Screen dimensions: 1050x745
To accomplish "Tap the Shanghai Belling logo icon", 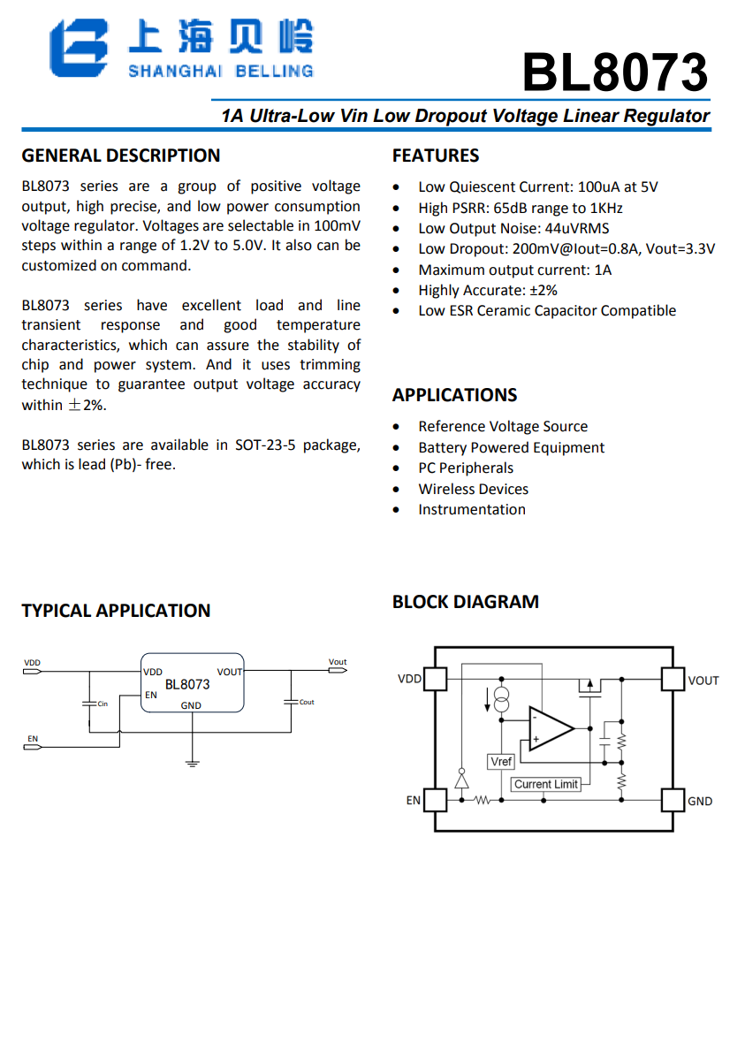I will (79, 49).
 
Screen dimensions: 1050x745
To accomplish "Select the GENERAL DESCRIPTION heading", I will (121, 156).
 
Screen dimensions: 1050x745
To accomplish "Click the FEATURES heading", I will (436, 156).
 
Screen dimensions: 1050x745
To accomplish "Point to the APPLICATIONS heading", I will (455, 395).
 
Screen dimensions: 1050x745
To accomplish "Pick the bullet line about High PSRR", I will (520, 208).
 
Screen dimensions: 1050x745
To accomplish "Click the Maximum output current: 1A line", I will (514, 270).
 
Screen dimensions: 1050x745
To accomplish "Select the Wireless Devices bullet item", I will (473, 489).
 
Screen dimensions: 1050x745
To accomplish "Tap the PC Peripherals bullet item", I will (465, 468).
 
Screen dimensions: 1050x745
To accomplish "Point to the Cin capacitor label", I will (103, 704).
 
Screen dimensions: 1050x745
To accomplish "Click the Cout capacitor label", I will (306, 703).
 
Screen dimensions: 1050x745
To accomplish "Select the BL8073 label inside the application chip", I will (187, 684).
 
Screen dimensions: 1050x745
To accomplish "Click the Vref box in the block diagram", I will (500, 761).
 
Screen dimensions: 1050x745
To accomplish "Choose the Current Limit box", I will (546, 784).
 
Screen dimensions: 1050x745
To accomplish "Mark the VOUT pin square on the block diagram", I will (673, 679).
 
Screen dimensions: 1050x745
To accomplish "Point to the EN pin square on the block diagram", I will (436, 800).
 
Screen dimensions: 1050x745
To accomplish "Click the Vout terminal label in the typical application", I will (338, 662).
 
